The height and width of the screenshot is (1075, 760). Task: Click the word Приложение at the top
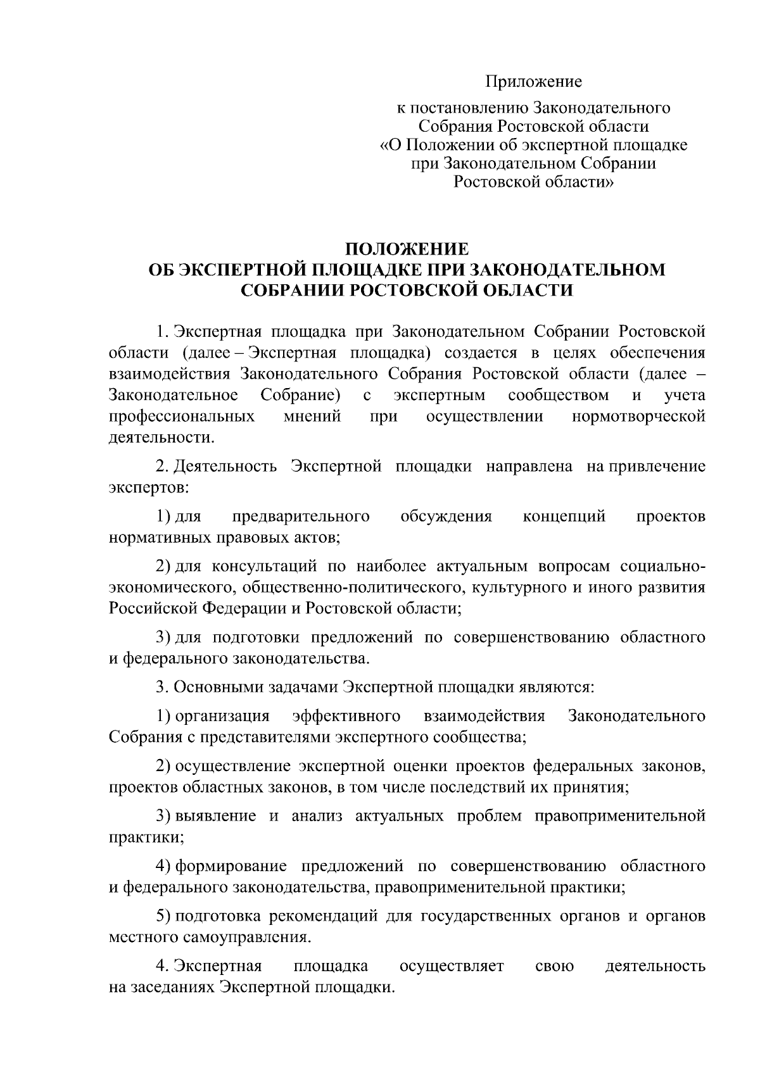(x=533, y=82)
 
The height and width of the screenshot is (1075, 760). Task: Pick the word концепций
(x=564, y=517)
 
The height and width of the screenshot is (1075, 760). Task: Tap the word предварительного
(x=301, y=517)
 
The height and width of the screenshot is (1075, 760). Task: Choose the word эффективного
(x=346, y=716)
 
